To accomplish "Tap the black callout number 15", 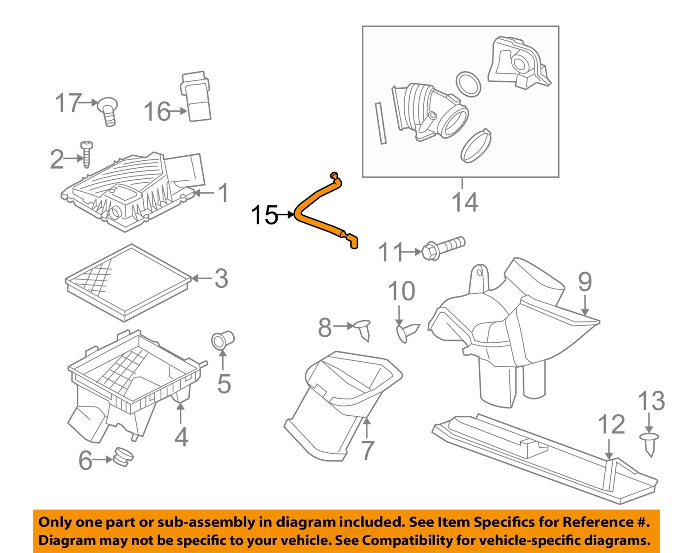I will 264,215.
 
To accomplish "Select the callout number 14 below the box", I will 464,202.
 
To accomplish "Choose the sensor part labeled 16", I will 195,97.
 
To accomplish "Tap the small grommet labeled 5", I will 222,340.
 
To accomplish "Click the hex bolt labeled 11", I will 442,248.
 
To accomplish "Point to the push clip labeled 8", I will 363,328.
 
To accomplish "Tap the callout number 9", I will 584,281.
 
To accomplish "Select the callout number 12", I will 611,424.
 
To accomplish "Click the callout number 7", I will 367,450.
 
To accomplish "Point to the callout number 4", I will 181,437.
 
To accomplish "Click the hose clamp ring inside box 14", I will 476,146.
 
